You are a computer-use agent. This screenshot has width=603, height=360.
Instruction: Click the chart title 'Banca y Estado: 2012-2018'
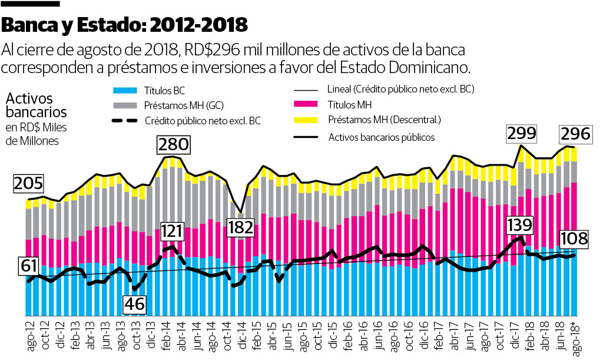124,25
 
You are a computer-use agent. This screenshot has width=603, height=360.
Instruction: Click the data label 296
575,134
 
